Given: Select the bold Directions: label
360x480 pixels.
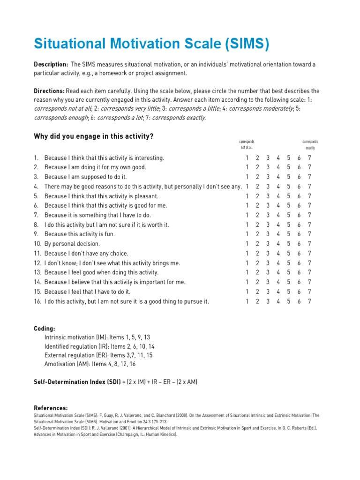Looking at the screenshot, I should click(49, 91).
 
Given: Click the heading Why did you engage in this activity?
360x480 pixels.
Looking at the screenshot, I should click(94, 136).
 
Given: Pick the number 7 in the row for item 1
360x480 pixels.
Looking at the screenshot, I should click(309, 158).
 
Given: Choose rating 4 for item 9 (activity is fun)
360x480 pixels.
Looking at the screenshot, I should click(278, 234).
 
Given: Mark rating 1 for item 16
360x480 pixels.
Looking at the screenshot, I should click(247, 301).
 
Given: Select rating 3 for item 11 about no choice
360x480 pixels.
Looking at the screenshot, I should click(268, 254).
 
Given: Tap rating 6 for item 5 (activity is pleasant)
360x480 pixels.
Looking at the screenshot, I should click(299, 196).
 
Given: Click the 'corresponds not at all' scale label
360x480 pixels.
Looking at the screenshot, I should click(247, 144).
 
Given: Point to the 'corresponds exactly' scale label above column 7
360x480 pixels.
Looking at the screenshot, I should click(310, 144).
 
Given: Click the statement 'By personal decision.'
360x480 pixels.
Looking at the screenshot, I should click(72, 244).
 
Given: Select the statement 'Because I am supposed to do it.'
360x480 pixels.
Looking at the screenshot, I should click(86, 177).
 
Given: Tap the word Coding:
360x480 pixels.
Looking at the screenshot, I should click(45, 329).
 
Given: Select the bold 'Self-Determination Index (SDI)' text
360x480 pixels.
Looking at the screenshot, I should click(77, 382).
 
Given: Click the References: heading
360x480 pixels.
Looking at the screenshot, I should click(51, 408).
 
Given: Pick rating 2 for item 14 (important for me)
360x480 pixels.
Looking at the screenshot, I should click(257, 282).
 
